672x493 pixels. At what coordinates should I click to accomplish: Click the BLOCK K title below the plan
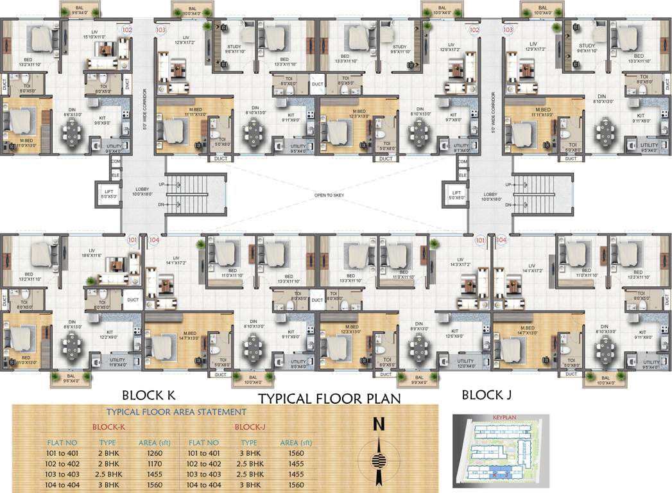tap(148, 395)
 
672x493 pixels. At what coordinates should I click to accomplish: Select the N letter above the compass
tap(379, 424)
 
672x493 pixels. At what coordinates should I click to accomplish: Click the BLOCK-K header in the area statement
tap(108, 427)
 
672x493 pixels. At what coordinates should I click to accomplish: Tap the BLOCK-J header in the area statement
tap(251, 427)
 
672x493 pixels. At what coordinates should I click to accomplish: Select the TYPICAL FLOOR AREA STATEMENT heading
tap(176, 412)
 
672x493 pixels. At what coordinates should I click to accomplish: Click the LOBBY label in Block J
tap(490, 196)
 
